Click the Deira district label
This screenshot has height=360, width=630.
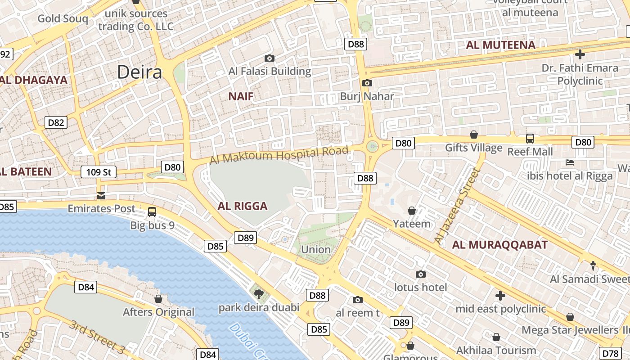point(139,72)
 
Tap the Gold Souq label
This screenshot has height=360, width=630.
point(63,18)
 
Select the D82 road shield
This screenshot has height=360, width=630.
point(56,122)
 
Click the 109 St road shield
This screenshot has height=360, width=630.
point(99,172)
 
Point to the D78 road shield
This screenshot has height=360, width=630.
point(612,353)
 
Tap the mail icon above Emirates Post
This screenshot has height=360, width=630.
point(101,196)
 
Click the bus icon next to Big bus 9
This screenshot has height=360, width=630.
point(152,211)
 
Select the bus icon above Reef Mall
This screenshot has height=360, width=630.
point(530,139)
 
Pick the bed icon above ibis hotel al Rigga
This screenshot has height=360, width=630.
point(570,162)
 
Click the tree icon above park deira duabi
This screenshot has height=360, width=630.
point(258,294)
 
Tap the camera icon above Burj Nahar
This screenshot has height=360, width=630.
point(367,83)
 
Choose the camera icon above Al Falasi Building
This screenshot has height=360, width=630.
point(270,58)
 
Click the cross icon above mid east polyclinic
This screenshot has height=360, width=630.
point(500,296)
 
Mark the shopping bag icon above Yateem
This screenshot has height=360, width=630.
point(411,210)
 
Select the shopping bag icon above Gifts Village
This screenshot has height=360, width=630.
point(473,135)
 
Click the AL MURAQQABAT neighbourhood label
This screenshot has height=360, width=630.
point(499,245)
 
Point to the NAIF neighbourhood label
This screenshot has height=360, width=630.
point(241,96)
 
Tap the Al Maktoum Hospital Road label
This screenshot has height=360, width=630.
point(279,155)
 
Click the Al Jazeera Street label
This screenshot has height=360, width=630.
point(455,206)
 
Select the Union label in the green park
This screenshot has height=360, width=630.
point(315,249)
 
